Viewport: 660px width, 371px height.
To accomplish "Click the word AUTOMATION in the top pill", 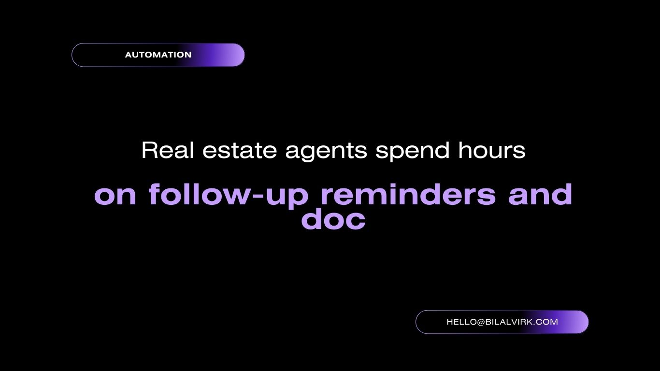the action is tap(158, 55).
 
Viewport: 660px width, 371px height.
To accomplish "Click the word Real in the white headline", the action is tap(168, 150).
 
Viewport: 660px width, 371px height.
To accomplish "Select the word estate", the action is tap(240, 151).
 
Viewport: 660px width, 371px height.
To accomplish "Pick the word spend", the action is tap(413, 152).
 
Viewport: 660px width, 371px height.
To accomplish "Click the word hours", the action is tap(492, 150).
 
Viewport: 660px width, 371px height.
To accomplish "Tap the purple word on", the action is tap(115, 195).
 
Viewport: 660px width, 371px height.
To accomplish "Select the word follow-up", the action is tap(229, 196).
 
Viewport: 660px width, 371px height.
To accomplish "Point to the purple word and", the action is tap(540, 194).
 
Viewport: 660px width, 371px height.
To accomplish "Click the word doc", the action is tap(333, 219).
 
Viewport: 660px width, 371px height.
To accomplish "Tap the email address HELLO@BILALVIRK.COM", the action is tap(502, 322).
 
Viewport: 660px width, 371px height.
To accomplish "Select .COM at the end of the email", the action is tap(545, 322).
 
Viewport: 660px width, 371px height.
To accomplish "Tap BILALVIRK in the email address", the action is tap(509, 322).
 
